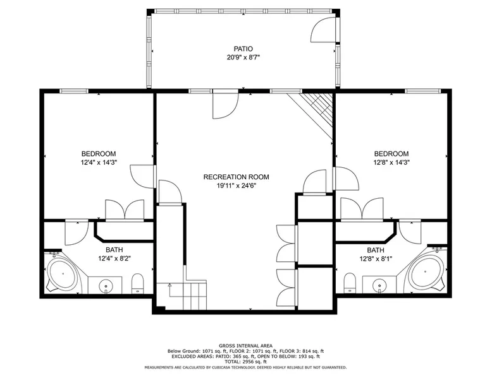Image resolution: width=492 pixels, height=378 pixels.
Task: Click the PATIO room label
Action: click(243, 49)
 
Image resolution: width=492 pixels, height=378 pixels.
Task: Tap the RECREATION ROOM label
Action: click(237, 177)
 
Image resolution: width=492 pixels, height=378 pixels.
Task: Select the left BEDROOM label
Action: click(99, 154)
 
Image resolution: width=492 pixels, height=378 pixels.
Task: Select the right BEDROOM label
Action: click(391, 154)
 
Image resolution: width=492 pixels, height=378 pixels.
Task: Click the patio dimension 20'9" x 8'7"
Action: click(243, 57)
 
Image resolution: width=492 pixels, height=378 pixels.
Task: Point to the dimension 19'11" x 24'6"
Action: click(237, 186)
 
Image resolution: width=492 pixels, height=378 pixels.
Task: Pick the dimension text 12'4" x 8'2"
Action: click(114, 259)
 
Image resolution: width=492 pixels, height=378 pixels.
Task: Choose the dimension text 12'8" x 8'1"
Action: click(376, 259)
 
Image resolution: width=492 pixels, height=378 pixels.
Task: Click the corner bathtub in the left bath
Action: click(62, 273)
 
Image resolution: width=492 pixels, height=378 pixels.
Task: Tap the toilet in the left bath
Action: click(137, 283)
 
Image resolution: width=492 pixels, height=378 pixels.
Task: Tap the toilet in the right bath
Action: click(350, 283)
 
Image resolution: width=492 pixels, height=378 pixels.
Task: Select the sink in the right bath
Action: click(379, 285)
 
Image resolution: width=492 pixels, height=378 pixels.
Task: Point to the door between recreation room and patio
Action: click(226, 104)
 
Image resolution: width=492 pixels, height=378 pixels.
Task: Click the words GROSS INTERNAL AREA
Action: click(246, 346)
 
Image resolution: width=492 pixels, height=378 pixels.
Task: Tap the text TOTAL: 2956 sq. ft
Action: click(246, 362)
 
